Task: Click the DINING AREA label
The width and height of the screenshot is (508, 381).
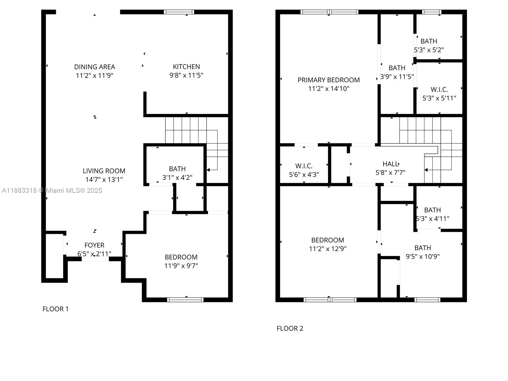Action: coord(94,67)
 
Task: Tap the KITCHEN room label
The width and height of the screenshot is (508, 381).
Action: coord(186,67)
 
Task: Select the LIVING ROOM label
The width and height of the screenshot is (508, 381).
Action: coord(104,171)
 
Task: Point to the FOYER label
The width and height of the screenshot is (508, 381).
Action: coord(94,245)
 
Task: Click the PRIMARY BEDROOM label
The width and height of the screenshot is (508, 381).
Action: coord(329,80)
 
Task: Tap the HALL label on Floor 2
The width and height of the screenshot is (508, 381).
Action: coord(390,164)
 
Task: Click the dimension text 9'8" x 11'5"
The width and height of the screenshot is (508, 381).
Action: coord(186,76)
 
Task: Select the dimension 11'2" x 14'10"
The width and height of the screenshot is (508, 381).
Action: coord(329,89)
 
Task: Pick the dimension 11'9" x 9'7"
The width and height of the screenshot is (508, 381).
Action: coord(181,266)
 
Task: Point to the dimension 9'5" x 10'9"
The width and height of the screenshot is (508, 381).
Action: coord(423,257)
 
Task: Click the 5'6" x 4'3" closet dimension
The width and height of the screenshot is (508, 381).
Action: coord(304,175)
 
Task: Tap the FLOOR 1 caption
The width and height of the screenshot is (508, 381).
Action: coord(56,309)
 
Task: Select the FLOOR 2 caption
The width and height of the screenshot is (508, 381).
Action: coord(290,329)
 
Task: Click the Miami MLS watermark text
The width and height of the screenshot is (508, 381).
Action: coord(52,190)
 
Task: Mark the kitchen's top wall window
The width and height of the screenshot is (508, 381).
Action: coord(179,12)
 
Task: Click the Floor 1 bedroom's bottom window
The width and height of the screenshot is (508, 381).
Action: coord(185,300)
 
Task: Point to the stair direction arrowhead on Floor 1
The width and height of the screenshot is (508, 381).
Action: coord(208,170)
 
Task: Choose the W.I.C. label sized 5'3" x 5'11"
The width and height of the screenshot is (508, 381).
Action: coord(439,90)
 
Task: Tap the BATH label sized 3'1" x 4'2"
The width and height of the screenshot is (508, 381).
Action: coord(177,169)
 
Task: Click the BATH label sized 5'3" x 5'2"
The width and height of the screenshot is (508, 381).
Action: coord(429,41)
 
